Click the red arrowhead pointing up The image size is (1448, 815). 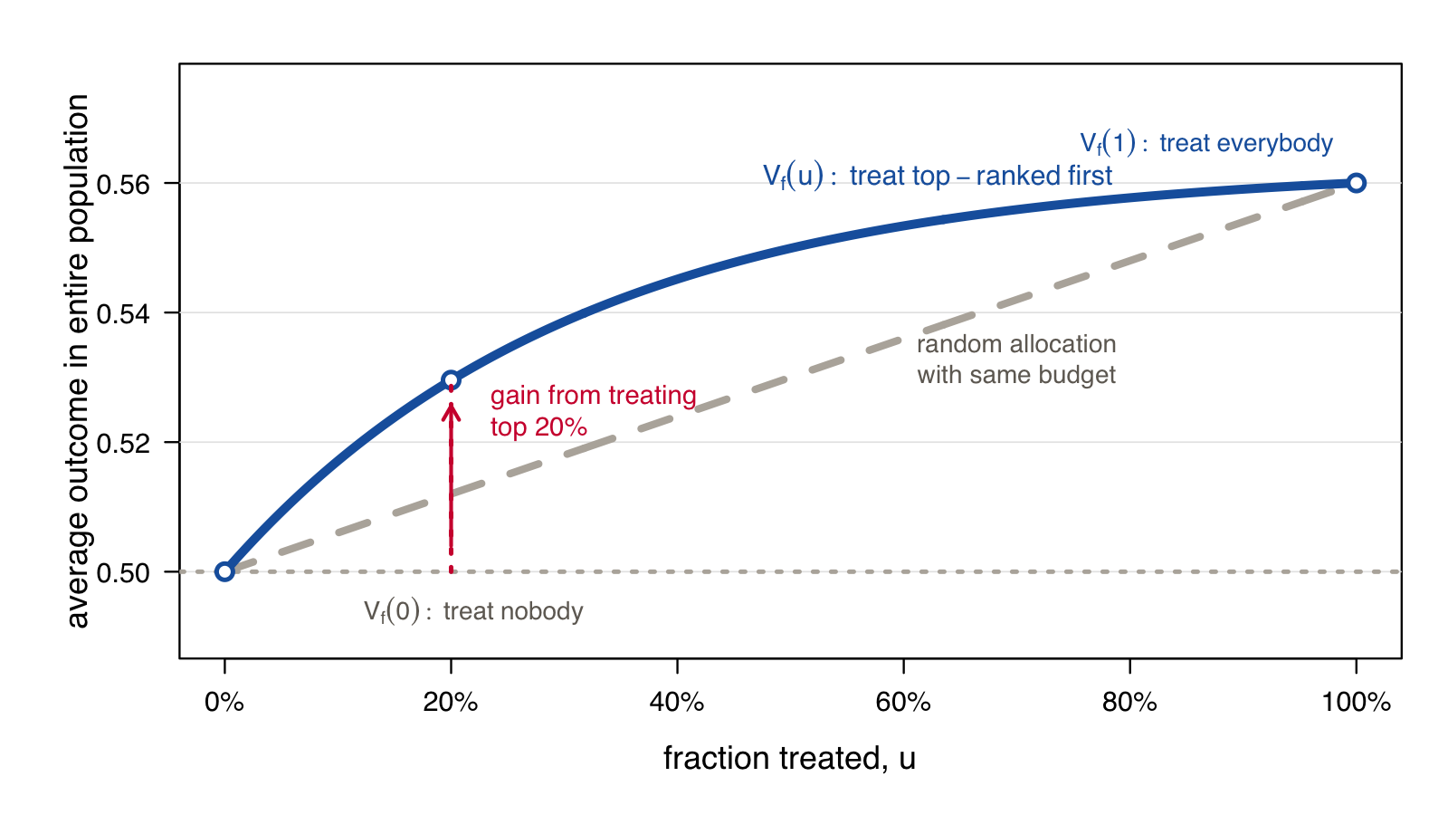click(452, 411)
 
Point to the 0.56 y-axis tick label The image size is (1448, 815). click(123, 185)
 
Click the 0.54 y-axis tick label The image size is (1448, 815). click(123, 314)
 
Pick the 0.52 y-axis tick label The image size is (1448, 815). click(123, 444)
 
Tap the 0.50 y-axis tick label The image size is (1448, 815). click(123, 573)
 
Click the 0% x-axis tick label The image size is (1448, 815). click(224, 702)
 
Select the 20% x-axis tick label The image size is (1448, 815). click(451, 702)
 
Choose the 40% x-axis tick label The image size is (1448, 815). click(677, 702)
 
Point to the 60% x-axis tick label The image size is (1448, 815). click(903, 702)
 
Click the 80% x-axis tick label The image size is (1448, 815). click(1129, 702)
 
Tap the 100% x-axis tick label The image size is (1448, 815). click(1356, 702)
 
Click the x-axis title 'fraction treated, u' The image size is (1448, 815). click(789, 758)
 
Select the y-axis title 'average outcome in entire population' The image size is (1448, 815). click(78, 361)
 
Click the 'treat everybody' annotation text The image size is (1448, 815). click(1245, 143)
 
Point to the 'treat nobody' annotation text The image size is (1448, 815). click(513, 611)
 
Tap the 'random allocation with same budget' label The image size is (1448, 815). click(1016, 360)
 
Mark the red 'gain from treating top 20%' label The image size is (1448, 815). click(593, 411)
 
